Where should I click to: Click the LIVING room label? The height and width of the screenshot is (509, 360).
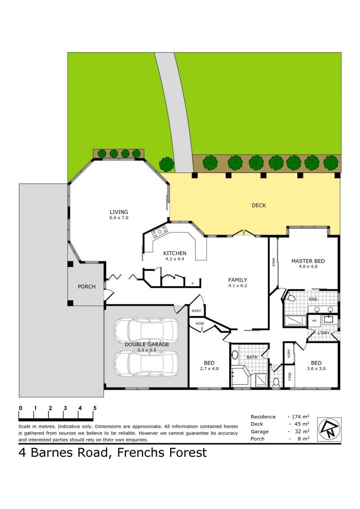tap(119, 212)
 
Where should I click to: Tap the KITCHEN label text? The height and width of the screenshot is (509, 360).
tap(175, 253)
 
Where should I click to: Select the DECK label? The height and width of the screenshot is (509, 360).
tap(259, 205)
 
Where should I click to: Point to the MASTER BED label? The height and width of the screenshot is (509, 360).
tap(308, 261)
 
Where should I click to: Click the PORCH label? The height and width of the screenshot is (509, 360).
tap(87, 287)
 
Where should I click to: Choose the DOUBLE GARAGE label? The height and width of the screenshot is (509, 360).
tap(147, 344)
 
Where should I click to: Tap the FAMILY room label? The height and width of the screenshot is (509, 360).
tap(238, 280)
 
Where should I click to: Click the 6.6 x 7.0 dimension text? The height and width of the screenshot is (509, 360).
tap(119, 218)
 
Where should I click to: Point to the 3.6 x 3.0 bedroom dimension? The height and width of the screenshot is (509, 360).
tap(316, 369)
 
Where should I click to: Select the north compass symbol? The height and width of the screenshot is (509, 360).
tap(329, 429)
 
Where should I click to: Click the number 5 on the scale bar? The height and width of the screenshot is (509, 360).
tap(95, 408)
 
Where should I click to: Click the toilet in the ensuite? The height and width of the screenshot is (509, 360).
tap(289, 297)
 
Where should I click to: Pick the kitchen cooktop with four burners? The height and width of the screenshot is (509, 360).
tap(160, 232)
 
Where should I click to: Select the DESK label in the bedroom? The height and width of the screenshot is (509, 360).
tap(289, 376)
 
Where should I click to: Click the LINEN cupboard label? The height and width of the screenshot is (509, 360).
tap(196, 311)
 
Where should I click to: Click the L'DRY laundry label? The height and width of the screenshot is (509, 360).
tap(323, 333)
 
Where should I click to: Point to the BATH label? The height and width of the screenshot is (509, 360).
tap(252, 357)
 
